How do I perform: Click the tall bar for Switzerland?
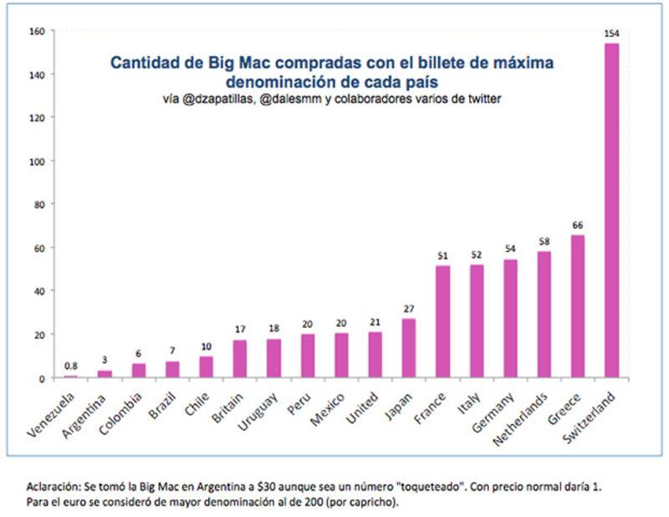pyautogui.click(x=612, y=209)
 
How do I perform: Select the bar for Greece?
pyautogui.click(x=578, y=305)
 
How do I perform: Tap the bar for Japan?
pyautogui.click(x=409, y=348)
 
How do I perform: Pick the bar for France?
pyautogui.click(x=442, y=321)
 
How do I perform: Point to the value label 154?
pyautogui.click(x=612, y=33)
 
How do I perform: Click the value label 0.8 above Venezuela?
pyautogui.click(x=71, y=366)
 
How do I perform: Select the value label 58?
pyautogui.click(x=544, y=242)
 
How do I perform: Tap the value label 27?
pyautogui.click(x=409, y=309)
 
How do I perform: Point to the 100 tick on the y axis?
pyautogui.click(x=38, y=161)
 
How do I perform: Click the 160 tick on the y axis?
pyautogui.click(x=38, y=31)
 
